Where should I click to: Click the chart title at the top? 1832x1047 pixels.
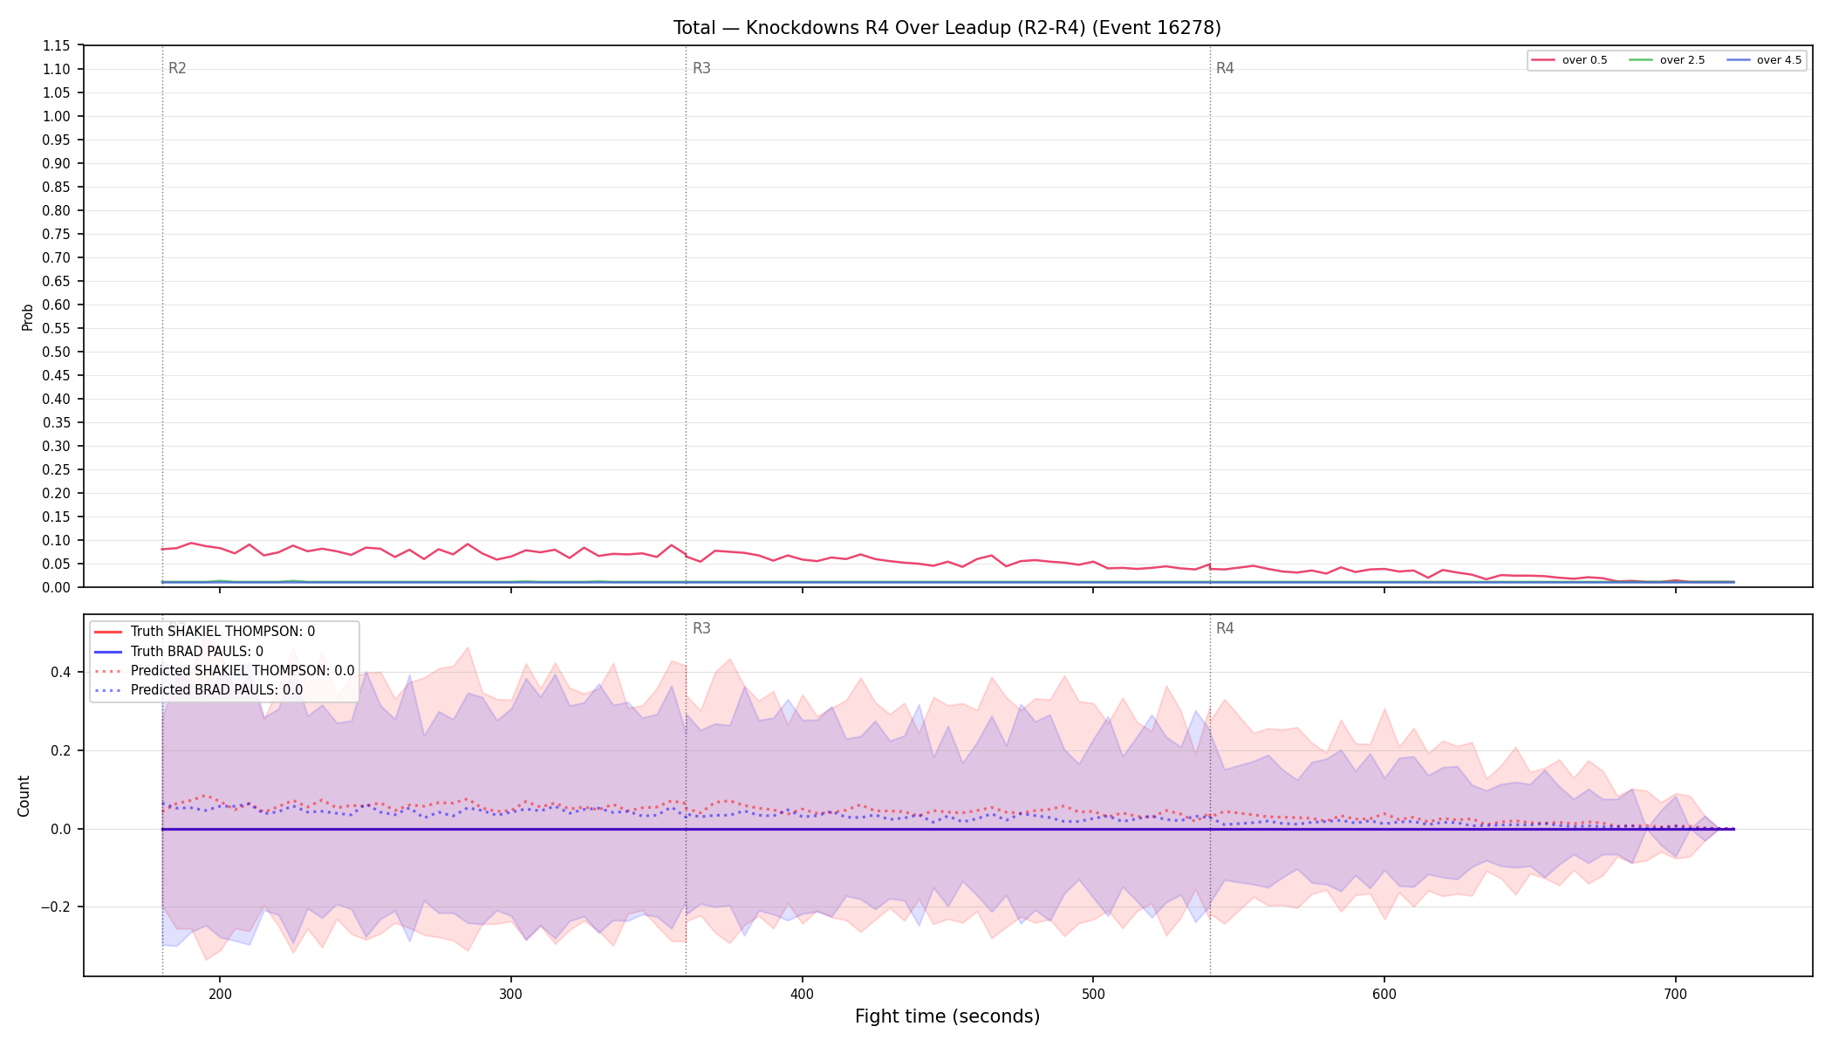coord(947,28)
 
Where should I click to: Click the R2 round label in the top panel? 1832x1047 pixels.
coord(177,69)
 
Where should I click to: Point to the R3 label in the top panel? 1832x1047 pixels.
coord(701,69)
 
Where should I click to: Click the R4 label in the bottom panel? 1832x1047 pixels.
coord(1225,629)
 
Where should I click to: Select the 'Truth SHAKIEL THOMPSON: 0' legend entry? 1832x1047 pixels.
coord(222,632)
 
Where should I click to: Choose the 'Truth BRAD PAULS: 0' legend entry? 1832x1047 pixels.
coord(196,652)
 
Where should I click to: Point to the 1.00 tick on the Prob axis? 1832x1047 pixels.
coord(57,117)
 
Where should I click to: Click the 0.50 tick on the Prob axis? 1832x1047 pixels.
coord(57,352)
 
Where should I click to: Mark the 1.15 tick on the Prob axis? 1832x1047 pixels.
coord(57,46)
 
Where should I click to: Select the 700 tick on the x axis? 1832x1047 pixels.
coord(1675,995)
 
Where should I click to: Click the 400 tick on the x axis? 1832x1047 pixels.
coord(802,995)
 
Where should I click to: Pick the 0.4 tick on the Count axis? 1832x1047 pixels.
coord(60,673)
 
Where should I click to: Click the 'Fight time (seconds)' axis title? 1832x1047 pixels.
coord(947,1016)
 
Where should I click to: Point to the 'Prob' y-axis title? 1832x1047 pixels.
coord(28,317)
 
